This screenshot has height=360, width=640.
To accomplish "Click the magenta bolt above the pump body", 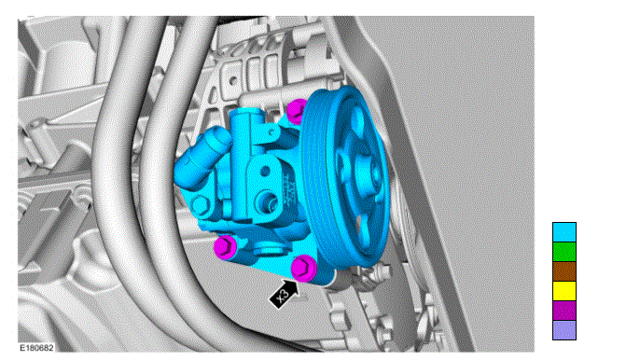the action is tap(297, 111).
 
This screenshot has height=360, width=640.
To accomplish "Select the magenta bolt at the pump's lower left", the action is tap(224, 247).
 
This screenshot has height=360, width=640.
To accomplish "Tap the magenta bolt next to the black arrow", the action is tap(304, 268).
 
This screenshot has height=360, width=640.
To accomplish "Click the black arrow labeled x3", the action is tap(284, 294).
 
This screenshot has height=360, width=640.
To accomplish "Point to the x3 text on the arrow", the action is tap(282, 296).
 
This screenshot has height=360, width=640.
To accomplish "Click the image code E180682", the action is tap(36, 348).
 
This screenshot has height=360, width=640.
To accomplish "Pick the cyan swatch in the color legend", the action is tap(564, 232).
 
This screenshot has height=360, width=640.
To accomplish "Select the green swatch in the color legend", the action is tap(564, 252).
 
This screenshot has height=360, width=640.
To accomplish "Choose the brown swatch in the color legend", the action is tap(564, 271).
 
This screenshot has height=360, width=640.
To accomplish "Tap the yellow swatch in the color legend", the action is tap(564, 291).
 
